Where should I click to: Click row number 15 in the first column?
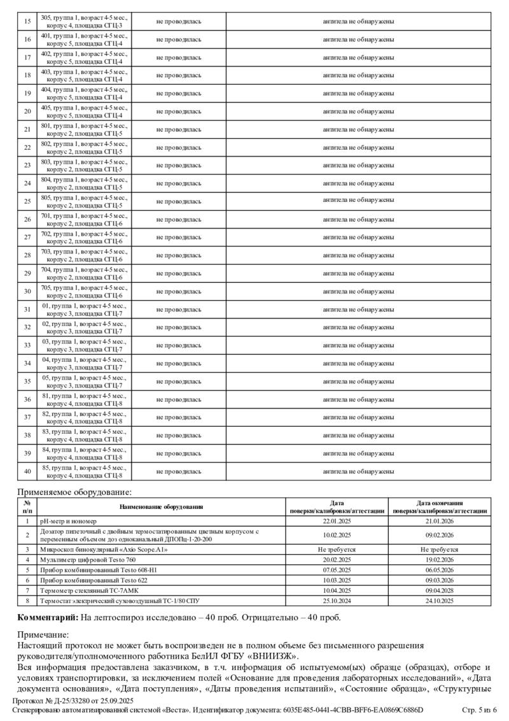tap(27, 22)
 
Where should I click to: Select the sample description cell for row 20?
tap(84, 111)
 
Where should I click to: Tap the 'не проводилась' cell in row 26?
tap(179, 219)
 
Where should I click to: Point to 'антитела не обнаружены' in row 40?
tap(358, 471)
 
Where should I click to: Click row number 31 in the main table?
tap(27, 310)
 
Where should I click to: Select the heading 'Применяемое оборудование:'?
tap(75, 492)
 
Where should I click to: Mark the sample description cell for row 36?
tap(84, 399)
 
